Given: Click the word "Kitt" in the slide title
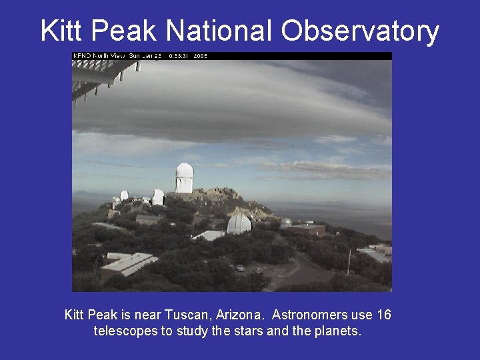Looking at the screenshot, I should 63,31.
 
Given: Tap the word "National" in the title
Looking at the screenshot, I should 219,31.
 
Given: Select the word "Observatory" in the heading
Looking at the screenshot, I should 360,31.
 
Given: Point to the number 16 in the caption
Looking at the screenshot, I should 383,315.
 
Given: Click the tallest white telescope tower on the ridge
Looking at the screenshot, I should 184,177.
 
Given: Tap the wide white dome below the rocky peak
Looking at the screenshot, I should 239,223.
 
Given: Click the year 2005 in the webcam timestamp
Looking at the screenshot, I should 200,56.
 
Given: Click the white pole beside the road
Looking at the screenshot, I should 349,261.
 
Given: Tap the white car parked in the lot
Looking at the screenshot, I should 240,268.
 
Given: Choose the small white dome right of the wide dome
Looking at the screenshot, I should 286,223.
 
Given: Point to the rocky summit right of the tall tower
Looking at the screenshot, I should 220,195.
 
